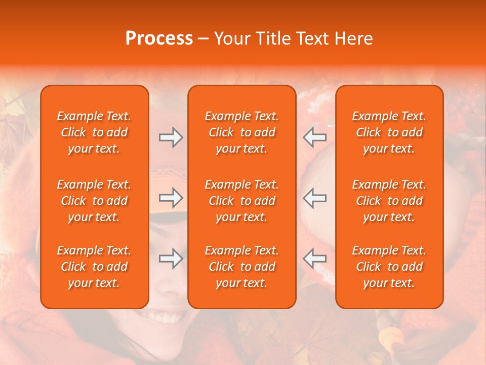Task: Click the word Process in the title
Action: [159, 39]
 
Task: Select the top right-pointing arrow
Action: [171, 137]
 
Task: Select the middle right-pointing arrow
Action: [171, 198]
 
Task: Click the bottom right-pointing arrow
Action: [171, 259]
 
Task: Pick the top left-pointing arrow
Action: [314, 137]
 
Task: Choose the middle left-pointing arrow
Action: [314, 198]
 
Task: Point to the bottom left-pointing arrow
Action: [314, 259]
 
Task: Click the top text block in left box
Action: [94, 132]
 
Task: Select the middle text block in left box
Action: [94, 201]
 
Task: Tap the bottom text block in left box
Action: [94, 267]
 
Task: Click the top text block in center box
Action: [242, 132]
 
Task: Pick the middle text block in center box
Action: [242, 201]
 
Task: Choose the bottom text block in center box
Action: [242, 267]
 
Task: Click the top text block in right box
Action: [389, 132]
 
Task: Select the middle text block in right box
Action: [389, 201]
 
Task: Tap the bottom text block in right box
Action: [389, 267]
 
